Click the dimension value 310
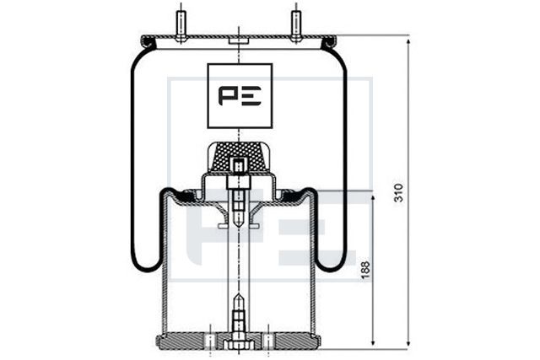pyautogui.click(x=398, y=192)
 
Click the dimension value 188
pyautogui.click(x=364, y=269)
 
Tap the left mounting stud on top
pyautogui.click(x=181, y=24)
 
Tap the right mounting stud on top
pyautogui.click(x=296, y=24)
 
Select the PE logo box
pyautogui.click(x=240, y=94)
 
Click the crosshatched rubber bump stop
pyautogui.click(x=239, y=153)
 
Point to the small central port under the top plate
pyautogui.click(x=239, y=40)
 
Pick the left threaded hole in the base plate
pyautogui.click(x=209, y=340)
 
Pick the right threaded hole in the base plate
pyautogui.click(x=268, y=340)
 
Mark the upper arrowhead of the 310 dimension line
pyautogui.click(x=408, y=40)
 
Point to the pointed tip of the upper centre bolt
pyautogui.click(x=239, y=228)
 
